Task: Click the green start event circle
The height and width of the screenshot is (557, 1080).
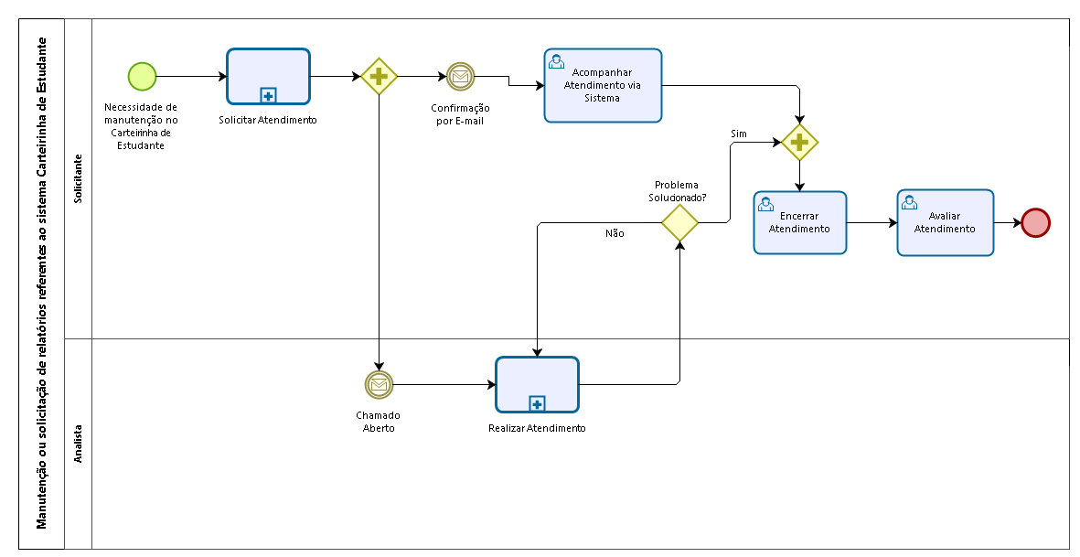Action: [142, 77]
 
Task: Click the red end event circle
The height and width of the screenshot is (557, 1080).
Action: [1035, 222]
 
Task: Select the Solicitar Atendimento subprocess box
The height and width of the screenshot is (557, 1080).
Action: [268, 77]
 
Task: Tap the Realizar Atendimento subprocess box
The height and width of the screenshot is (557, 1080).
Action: [537, 384]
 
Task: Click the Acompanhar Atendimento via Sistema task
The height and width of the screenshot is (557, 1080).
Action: [603, 85]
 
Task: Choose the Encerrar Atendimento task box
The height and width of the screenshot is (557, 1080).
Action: [799, 222]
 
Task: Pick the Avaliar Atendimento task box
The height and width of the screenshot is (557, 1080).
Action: [945, 222]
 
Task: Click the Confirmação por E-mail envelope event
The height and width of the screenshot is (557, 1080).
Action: [460, 77]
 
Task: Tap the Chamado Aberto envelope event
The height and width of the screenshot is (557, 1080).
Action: [379, 384]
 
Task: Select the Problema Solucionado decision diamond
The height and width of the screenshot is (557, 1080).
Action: [679, 222]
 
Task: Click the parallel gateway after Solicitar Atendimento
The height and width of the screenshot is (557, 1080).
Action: [379, 77]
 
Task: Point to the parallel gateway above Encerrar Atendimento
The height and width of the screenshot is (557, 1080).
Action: [799, 143]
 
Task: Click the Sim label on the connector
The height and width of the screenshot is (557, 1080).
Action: [738, 134]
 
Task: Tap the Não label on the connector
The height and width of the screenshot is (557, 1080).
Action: [615, 233]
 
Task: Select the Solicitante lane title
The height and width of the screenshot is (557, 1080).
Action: [78, 178]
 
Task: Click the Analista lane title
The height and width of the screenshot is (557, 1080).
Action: [78, 444]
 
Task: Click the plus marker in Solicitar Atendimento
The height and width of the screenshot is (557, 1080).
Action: [268, 96]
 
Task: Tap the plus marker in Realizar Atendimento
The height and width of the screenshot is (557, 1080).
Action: [537, 403]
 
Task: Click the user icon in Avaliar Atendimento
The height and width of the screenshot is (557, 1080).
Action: [910, 202]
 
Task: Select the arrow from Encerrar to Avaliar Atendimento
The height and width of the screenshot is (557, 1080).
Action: [872, 222]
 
